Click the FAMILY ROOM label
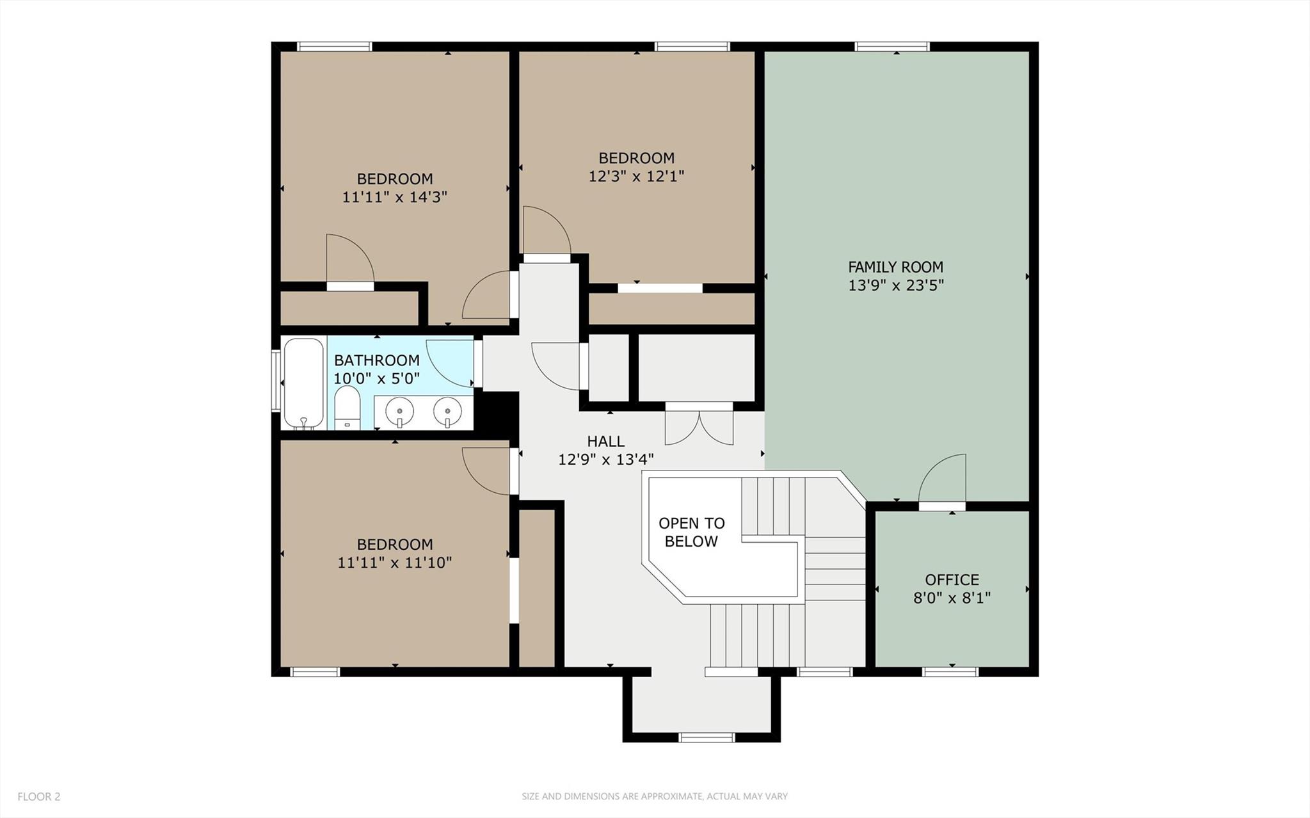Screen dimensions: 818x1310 pos(895,267)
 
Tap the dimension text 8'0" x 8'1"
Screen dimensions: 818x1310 pos(952,598)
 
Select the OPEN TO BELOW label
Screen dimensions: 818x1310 pos(691,532)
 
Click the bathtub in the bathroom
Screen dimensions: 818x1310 pos(303,383)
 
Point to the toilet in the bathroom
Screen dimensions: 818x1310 pos(347,407)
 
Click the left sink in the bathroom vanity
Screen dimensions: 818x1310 pos(399,412)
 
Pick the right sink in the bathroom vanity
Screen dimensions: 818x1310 pos(447,412)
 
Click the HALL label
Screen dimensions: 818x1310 pos(605,441)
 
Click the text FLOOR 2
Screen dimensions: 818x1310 pos(39,796)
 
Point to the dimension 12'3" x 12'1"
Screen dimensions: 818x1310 pos(636,176)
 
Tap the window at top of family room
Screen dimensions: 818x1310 pos(892,46)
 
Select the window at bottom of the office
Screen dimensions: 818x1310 pos(950,671)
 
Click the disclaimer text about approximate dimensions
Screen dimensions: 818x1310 pos(654,796)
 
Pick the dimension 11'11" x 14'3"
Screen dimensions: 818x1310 pos(394,196)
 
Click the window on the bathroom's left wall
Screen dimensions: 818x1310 pos(276,380)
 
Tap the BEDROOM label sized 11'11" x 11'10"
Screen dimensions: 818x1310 pos(394,544)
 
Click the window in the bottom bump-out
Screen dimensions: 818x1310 pos(707,737)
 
